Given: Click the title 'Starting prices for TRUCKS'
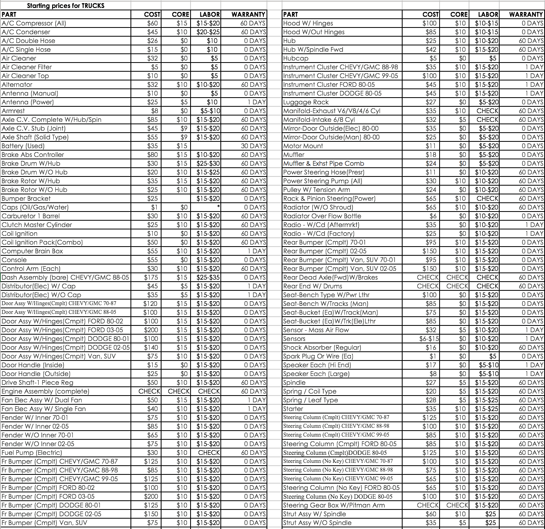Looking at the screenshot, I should point(66,6).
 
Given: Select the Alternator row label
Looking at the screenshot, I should point(17,84).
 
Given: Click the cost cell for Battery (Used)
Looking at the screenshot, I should point(152,146).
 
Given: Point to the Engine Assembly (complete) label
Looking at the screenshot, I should point(45,391).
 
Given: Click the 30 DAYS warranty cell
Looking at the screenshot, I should point(253,146).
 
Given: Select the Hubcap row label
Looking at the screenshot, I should point(296,58).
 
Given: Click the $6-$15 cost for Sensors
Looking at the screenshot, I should point(429,339).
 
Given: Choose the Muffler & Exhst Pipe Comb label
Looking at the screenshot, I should point(323,163).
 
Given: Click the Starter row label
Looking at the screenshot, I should point(293,409).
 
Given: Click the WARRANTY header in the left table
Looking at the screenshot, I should point(248,14).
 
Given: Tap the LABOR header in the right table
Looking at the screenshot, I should point(488,14).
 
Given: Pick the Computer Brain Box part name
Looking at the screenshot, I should point(32,251).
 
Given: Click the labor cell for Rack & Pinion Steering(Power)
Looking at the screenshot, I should point(487,198).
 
